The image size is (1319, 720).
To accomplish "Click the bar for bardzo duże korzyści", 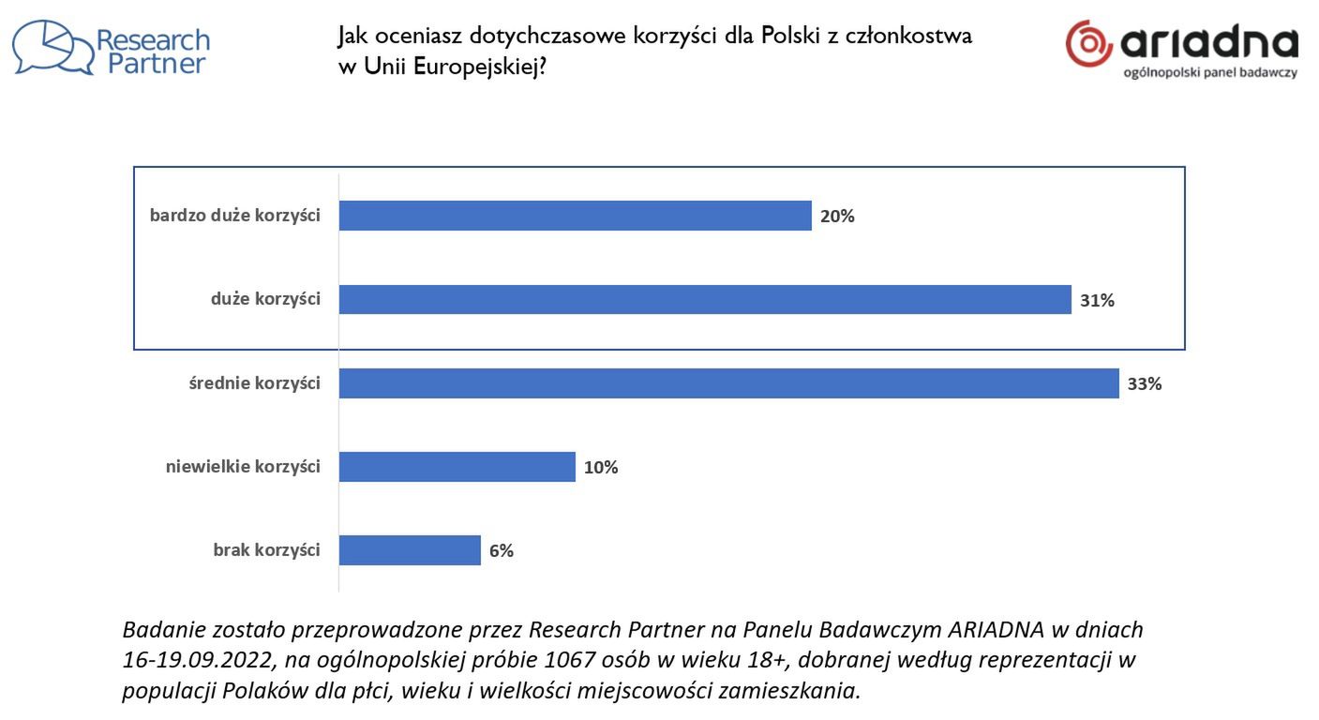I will point(575,216).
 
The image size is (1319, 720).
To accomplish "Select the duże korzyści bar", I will point(704,300).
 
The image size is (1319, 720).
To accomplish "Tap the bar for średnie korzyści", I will point(728,383).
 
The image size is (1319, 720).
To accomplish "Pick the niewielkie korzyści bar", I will point(457,467).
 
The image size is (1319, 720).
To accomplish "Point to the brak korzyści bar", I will point(410,550).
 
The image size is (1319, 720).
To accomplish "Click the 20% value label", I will point(837,217).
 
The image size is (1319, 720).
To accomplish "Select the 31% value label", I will point(1097,301).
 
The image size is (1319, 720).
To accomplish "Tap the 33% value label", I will point(1145,384).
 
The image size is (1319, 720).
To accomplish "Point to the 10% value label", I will point(601,468).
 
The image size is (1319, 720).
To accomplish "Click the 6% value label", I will point(502,551).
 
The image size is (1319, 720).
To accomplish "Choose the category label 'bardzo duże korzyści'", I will point(235,216).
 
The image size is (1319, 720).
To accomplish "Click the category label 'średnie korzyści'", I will point(255,383).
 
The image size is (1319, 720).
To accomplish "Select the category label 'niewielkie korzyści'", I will point(243,467).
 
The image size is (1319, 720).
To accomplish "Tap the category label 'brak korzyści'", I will point(267,550).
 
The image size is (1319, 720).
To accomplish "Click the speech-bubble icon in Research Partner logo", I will point(52,48).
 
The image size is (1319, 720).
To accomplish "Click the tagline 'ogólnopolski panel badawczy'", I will point(1210,72).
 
